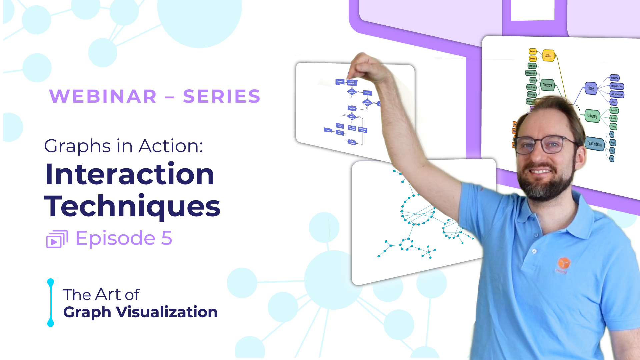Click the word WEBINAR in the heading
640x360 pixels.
(x=103, y=97)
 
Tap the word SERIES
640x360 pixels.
(x=222, y=97)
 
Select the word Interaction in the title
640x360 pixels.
(x=129, y=174)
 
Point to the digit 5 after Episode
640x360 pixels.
(x=167, y=238)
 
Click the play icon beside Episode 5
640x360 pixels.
(x=57, y=239)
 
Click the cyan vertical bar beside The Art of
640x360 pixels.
(x=51, y=303)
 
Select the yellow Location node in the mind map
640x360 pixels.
(x=548, y=56)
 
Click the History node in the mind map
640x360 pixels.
(x=591, y=88)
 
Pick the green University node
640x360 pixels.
(x=592, y=116)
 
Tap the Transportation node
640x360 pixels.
(x=594, y=144)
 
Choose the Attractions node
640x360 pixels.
(x=547, y=85)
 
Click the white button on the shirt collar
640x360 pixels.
(x=534, y=251)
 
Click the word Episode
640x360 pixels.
(x=115, y=238)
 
